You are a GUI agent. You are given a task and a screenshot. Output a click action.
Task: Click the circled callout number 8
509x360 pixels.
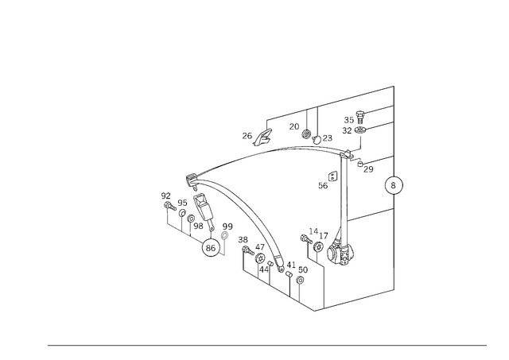pyautogui.click(x=394, y=185)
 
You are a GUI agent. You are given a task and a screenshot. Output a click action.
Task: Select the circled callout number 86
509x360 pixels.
pyautogui.click(x=211, y=248)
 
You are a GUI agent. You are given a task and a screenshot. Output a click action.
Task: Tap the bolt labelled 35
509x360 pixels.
pyautogui.click(x=360, y=117)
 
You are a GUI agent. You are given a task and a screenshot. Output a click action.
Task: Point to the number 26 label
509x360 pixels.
pyautogui.click(x=247, y=136)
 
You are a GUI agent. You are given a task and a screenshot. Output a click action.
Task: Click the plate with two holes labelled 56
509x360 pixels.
pyautogui.click(x=332, y=176)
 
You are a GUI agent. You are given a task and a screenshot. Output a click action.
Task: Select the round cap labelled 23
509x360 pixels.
pyautogui.click(x=317, y=139)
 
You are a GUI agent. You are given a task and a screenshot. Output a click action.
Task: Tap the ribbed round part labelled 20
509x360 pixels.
pyautogui.click(x=306, y=134)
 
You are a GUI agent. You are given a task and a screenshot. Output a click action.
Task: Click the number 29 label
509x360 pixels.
pyautogui.click(x=368, y=169)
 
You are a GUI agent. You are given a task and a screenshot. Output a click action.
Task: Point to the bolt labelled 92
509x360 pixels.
pyautogui.click(x=170, y=207)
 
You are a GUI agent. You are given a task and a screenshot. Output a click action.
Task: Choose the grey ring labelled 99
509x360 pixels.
pyautogui.click(x=224, y=235)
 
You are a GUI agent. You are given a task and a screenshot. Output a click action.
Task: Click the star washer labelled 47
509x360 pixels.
pyautogui.click(x=259, y=259)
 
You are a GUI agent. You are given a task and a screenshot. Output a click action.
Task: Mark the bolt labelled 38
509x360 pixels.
pyautogui.click(x=248, y=250)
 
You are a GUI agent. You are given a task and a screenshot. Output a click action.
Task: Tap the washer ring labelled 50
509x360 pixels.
pyautogui.click(x=301, y=280)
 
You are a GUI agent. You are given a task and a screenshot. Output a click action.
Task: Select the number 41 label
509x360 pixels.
pyautogui.click(x=291, y=265)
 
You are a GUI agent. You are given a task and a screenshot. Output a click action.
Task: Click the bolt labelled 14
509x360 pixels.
pyautogui.click(x=306, y=239)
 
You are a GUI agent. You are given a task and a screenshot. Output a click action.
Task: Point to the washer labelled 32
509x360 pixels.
pyautogui.click(x=360, y=130)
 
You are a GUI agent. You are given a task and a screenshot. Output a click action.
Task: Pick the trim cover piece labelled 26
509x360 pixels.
pyautogui.click(x=262, y=137)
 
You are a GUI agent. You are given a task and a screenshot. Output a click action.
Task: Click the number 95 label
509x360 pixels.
pyautogui.click(x=182, y=203)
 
